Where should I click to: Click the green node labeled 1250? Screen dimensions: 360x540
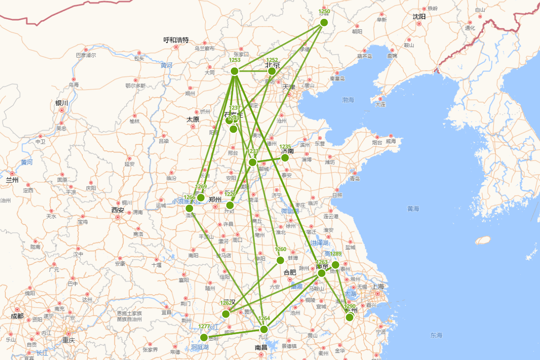click(x=324, y=22)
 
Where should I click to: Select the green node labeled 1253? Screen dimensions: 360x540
click(x=234, y=71)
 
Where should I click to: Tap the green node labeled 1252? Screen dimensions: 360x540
click(x=272, y=71)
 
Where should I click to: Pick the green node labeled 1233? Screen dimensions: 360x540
click(x=252, y=162)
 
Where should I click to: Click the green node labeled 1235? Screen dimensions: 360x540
click(x=285, y=157)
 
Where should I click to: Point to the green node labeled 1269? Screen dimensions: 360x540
click(x=201, y=198)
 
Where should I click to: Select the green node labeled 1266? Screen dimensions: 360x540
click(x=189, y=208)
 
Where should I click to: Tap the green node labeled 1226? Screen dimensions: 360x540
click(x=230, y=205)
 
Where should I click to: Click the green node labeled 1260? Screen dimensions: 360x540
click(x=280, y=260)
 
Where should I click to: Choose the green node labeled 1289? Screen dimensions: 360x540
click(x=335, y=265)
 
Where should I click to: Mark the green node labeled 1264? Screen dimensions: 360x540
click(x=264, y=329)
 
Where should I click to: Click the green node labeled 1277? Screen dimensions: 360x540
click(x=204, y=337)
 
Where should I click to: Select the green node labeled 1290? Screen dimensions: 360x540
click(x=350, y=317)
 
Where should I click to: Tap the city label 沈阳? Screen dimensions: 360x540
click(x=419, y=17)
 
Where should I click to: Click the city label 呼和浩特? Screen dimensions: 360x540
click(x=176, y=40)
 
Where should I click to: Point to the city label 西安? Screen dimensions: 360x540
click(x=117, y=210)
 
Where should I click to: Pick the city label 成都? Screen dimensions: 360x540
click(x=17, y=316)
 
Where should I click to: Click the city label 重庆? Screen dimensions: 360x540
click(x=69, y=340)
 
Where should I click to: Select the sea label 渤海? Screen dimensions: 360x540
click(x=348, y=99)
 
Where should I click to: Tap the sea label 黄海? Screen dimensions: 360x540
click(x=413, y=209)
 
